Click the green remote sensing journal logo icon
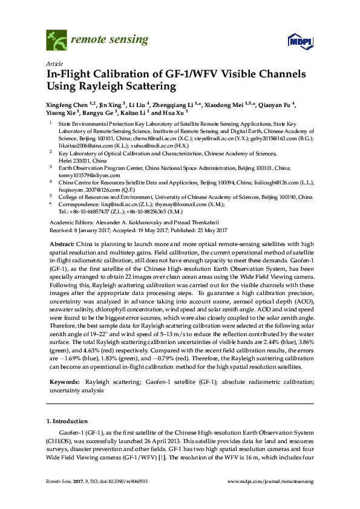[56, 41]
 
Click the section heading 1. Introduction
[67, 421]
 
